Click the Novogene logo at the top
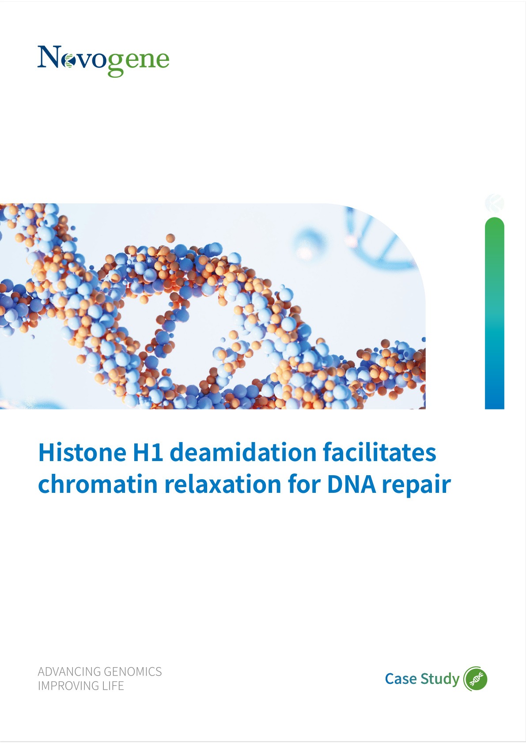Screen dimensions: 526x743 pyautogui.click(x=103, y=61)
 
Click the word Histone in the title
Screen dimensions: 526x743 pyautogui.click(x=82, y=452)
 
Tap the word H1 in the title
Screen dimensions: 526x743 pyautogui.click(x=148, y=452)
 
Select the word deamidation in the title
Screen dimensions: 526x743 pyautogui.click(x=243, y=452)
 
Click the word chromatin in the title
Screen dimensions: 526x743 pyautogui.click(x=98, y=484)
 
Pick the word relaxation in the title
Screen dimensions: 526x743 pyautogui.click(x=223, y=484)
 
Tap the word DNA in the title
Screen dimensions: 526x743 pyautogui.click(x=352, y=484)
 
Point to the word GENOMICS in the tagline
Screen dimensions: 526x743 pyautogui.click(x=132, y=672)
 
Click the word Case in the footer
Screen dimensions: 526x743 pyautogui.click(x=401, y=679)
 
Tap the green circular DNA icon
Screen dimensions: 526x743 pyautogui.click(x=476, y=679)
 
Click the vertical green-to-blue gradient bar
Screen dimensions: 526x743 pyautogui.click(x=495, y=313)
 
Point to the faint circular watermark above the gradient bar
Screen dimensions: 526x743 pyautogui.click(x=495, y=203)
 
